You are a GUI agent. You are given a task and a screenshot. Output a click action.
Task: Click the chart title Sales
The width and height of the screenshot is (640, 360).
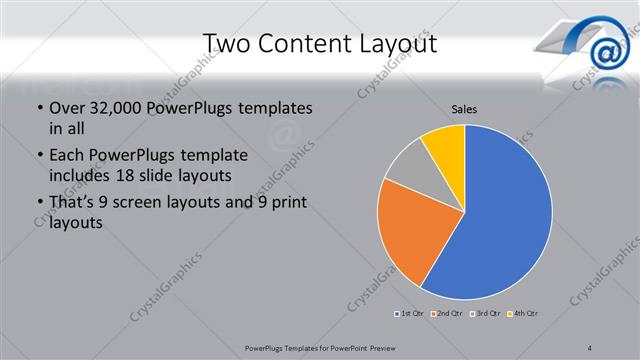[463, 108]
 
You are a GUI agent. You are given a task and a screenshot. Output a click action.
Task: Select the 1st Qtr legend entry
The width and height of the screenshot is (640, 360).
[407, 313]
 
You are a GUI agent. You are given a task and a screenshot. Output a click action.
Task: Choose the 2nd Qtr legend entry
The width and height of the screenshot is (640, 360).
[446, 313]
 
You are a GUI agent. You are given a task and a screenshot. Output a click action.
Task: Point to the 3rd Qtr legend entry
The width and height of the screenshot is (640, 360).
[485, 313]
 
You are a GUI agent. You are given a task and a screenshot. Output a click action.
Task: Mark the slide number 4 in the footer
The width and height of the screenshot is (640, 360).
[589, 347]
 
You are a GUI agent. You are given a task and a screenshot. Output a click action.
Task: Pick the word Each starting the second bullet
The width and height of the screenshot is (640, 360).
[67, 155]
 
